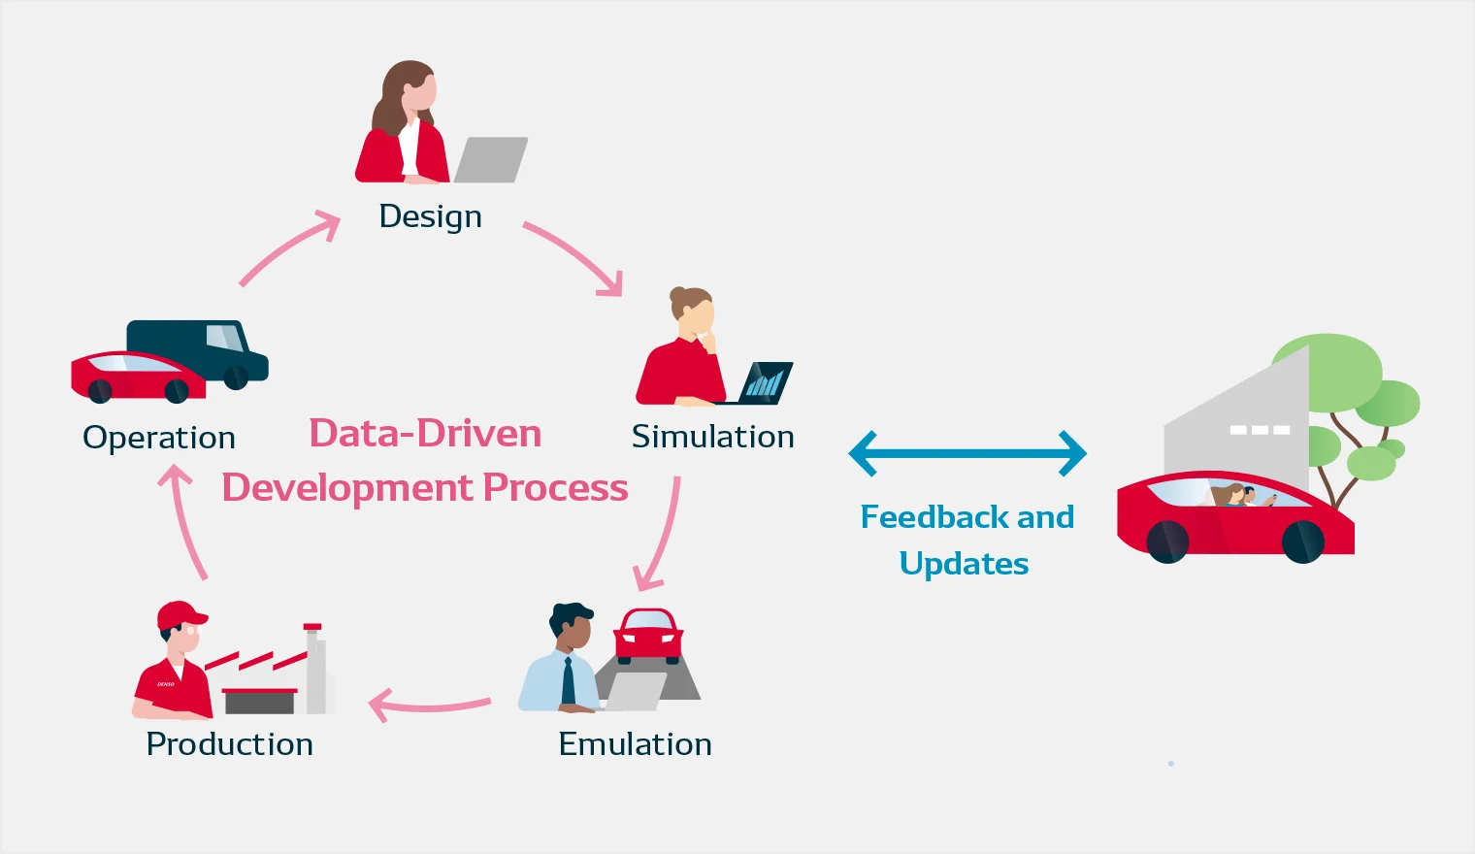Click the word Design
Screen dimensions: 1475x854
[x=430, y=217]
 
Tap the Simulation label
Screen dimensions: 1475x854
[x=713, y=437]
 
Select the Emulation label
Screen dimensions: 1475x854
[x=636, y=744]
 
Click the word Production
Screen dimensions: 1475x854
[x=229, y=744]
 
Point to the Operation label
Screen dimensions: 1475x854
[x=159, y=438]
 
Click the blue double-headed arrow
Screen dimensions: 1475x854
[x=967, y=453]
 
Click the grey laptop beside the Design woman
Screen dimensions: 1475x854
[x=491, y=159]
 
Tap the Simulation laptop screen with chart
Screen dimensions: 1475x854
[x=766, y=382]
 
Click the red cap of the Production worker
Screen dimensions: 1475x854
[x=181, y=615]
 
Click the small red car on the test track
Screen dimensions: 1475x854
[x=648, y=636]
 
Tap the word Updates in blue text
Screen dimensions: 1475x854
[x=964, y=564]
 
